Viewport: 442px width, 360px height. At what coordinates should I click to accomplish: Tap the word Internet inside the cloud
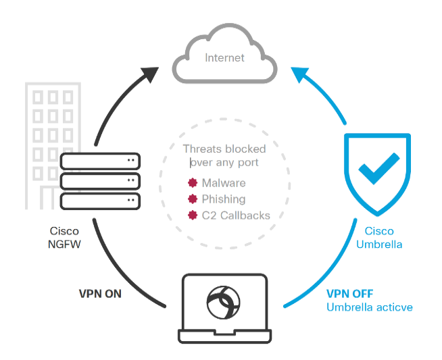pos(225,58)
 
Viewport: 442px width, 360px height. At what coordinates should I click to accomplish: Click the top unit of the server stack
pos(100,161)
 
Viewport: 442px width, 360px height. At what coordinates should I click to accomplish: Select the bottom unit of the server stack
pos(100,201)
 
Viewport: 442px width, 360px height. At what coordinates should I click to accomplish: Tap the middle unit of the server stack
pos(100,181)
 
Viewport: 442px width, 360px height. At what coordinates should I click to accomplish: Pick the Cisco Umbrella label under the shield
pos(379,237)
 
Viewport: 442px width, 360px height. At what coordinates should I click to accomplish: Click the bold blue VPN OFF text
pos(349,294)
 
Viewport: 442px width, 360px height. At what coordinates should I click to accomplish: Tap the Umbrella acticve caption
pos(370,307)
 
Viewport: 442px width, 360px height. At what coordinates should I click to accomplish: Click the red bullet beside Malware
pos(193,183)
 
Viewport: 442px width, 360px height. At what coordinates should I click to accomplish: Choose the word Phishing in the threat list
pos(224,199)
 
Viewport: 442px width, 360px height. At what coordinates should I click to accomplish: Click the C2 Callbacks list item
pos(236,215)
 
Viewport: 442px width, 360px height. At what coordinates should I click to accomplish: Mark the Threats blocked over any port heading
pos(225,155)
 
